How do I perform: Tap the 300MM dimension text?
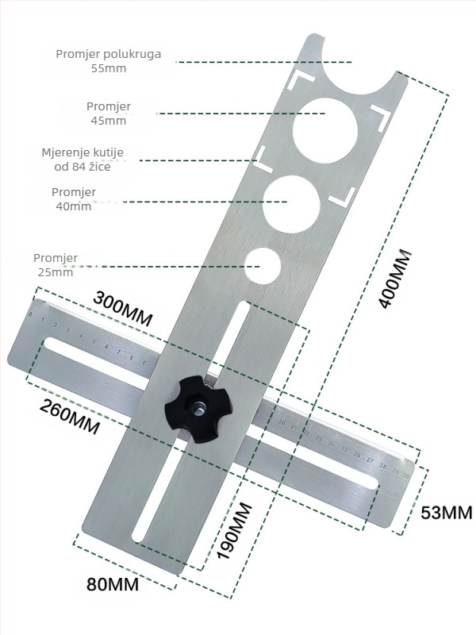click(123, 308)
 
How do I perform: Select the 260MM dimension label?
click(70, 417)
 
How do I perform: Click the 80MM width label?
click(113, 584)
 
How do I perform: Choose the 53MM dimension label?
click(446, 513)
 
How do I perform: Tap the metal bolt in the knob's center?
click(198, 409)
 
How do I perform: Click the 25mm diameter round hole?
click(263, 266)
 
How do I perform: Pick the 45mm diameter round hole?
click(325, 129)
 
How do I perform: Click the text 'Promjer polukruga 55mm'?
click(108, 61)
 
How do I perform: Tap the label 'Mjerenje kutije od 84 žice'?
click(83, 160)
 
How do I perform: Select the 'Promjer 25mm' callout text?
click(56, 265)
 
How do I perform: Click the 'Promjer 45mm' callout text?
click(109, 114)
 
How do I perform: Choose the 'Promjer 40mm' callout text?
click(74, 199)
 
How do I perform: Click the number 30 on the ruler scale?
click(405, 476)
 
